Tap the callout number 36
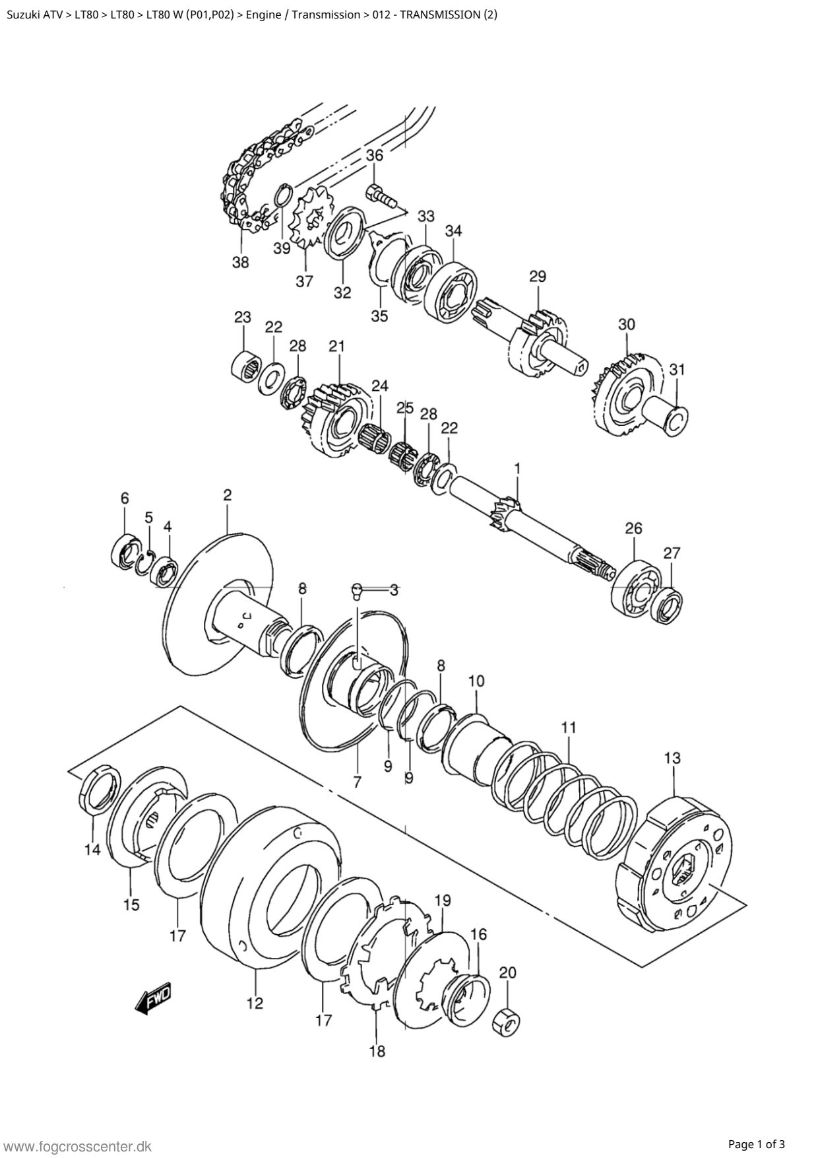pos(375,156)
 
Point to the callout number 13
pos(672,758)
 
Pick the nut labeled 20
pos(507,1021)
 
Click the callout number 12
pos(255,1004)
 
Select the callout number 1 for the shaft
pos(518,469)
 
